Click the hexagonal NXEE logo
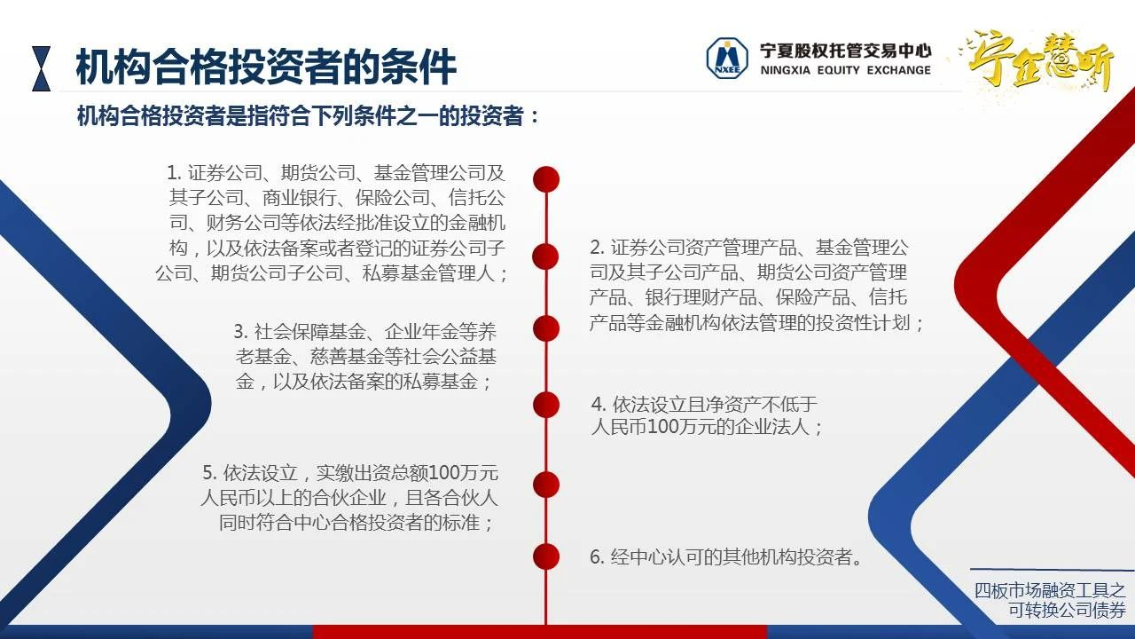(x=727, y=59)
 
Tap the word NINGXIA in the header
(x=786, y=70)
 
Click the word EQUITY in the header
(x=839, y=70)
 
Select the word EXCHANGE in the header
(x=899, y=70)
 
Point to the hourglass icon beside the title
(x=41, y=68)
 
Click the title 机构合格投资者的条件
(x=266, y=67)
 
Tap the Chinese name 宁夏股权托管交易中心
(x=845, y=51)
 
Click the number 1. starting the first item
(x=174, y=173)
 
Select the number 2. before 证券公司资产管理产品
(x=597, y=248)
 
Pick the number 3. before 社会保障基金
(x=240, y=332)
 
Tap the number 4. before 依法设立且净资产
(x=599, y=405)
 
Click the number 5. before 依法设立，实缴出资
(x=209, y=473)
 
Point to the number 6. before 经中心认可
(x=597, y=556)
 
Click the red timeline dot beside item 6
(x=546, y=556)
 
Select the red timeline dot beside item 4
(x=546, y=405)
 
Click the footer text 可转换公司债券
(x=1067, y=610)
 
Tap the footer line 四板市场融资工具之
(x=1050, y=590)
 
